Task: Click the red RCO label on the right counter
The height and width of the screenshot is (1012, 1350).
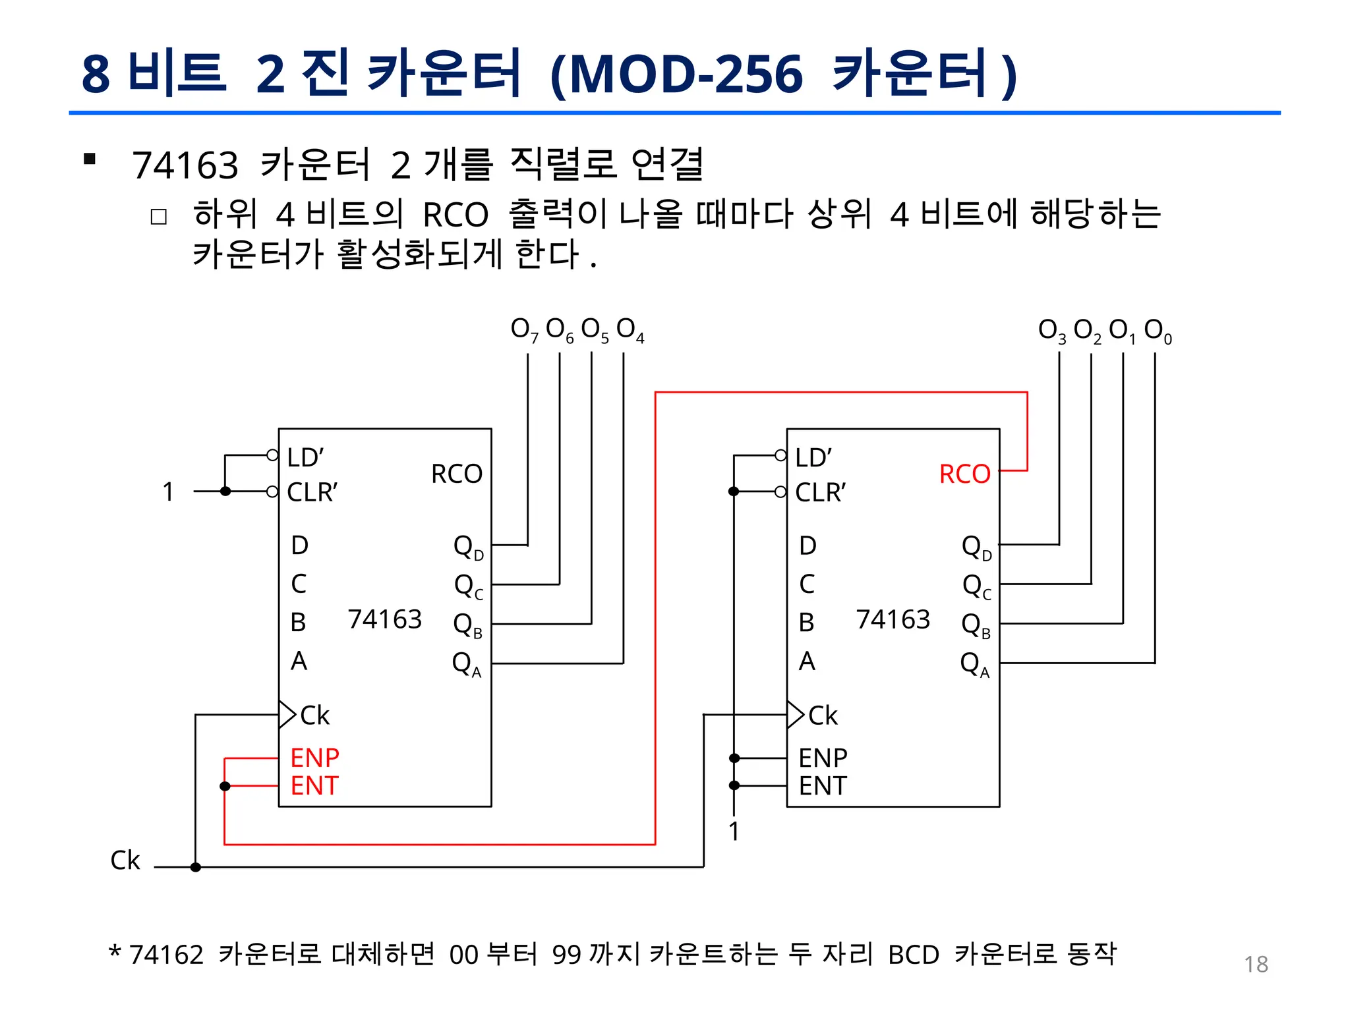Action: click(964, 474)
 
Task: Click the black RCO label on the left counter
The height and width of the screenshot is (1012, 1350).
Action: click(456, 474)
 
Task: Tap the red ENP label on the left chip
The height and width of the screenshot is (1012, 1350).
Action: click(314, 758)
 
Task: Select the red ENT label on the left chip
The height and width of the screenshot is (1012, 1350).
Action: click(314, 786)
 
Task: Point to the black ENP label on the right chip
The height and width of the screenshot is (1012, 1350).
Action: click(823, 758)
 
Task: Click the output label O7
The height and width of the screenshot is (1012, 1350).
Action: click(524, 329)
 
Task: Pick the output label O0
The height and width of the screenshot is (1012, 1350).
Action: click(1158, 330)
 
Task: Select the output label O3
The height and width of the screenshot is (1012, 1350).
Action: click(1051, 330)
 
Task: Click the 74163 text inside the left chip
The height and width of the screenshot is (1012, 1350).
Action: click(384, 619)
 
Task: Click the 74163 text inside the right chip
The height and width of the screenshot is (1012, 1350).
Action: click(893, 619)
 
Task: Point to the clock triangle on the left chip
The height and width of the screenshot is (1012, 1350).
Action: click(287, 715)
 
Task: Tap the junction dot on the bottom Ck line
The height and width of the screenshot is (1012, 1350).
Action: click(196, 867)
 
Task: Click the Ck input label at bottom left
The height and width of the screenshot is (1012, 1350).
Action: click(125, 860)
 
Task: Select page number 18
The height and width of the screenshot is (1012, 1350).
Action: click(1256, 965)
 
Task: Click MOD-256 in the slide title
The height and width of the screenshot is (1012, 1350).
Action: click(686, 74)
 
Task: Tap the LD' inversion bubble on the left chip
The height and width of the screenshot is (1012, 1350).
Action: click(272, 455)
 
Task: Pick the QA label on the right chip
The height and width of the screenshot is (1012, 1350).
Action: click(974, 663)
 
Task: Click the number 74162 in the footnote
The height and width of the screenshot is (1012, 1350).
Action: click(166, 955)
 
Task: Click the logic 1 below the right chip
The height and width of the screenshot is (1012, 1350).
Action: click(734, 831)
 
